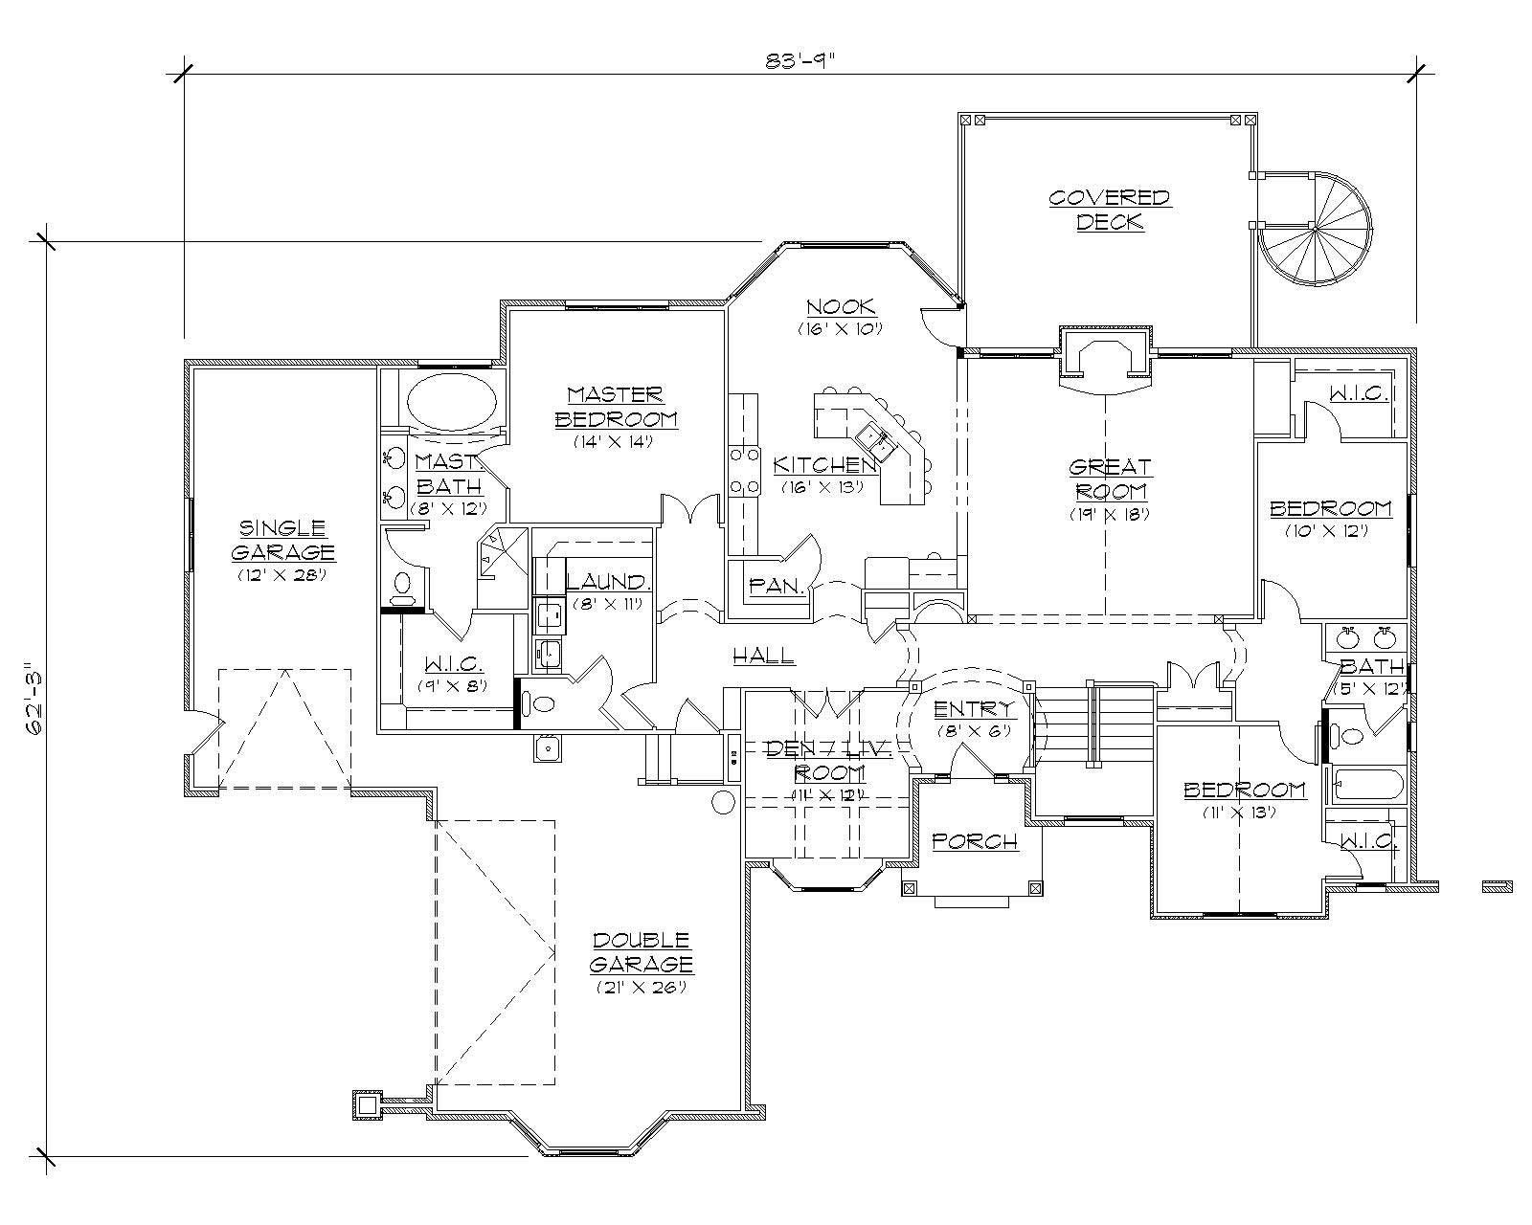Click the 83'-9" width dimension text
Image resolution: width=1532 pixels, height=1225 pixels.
[800, 60]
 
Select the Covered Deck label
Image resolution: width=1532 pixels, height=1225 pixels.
[1109, 210]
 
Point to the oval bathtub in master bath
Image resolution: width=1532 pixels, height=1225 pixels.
[452, 400]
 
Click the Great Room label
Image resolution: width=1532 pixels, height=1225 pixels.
[1109, 479]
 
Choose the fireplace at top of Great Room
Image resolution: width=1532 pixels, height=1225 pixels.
[1107, 361]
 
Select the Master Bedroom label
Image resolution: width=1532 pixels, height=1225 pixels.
[615, 407]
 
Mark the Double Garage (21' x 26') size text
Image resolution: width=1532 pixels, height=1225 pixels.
[641, 988]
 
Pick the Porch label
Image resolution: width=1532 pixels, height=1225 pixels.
[974, 841]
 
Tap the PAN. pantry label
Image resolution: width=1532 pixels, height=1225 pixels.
[776, 585]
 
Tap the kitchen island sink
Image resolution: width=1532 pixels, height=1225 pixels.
[874, 439]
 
